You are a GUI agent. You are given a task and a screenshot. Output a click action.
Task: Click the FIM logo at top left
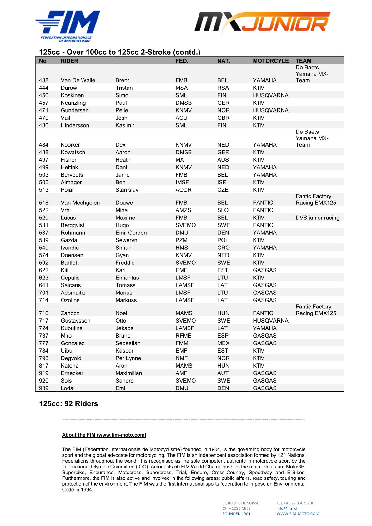pos(68,26)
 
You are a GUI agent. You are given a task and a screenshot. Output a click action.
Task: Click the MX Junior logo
pos(262,23)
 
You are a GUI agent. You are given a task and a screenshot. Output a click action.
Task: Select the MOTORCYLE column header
pos(271,61)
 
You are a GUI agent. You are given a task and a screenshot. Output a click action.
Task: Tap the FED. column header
pos(182,61)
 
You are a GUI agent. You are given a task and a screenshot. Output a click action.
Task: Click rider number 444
pos(44,88)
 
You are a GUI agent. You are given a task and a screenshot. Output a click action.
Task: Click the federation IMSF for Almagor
pos(182,182)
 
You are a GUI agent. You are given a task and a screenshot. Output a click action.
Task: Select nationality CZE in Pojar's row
pos(223,190)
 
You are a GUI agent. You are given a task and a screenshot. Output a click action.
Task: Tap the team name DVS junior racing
pos(317,218)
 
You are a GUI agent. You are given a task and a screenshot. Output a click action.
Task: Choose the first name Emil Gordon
pos(131,233)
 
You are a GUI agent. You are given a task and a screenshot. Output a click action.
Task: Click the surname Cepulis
pos(70,278)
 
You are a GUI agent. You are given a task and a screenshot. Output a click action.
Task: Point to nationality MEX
pos(223,343)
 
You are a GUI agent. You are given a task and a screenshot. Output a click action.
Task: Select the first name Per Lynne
pos(128,358)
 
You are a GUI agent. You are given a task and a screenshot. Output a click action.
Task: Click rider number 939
pos(44,388)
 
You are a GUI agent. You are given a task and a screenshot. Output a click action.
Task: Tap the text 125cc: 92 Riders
pos(68,404)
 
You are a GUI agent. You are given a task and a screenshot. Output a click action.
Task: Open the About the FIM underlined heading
pos(104,435)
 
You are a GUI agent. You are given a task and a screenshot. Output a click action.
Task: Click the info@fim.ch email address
pos(287,508)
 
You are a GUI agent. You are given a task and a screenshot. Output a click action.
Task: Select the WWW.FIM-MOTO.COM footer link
pos(298,514)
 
